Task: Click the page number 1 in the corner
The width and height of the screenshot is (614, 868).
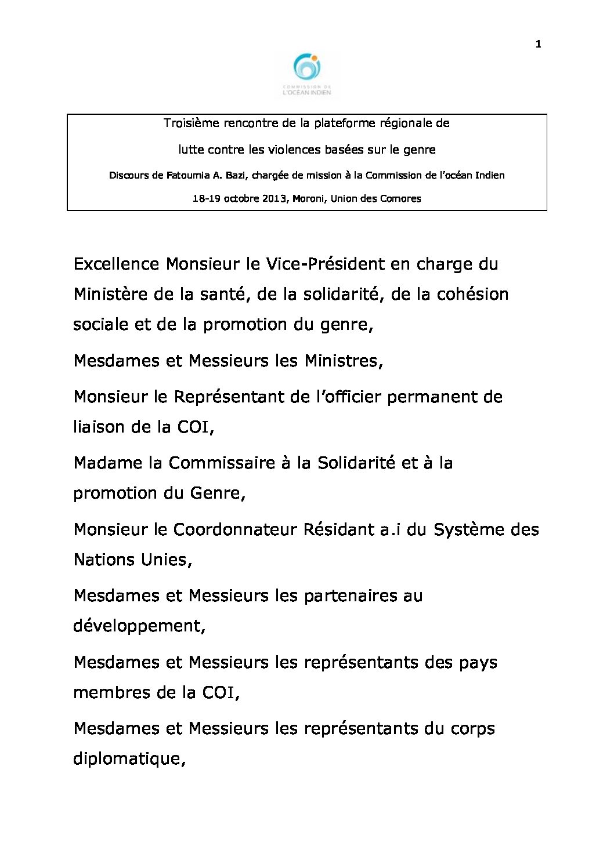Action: tap(539, 45)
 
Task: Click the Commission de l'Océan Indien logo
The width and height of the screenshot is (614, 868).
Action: tap(306, 74)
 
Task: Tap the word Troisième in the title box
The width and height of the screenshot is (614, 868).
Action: tap(187, 124)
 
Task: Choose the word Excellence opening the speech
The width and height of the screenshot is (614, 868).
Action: tap(116, 264)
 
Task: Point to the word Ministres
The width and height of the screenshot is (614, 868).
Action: tap(342, 361)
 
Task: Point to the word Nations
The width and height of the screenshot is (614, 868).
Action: tap(104, 560)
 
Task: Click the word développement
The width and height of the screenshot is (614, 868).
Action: tap(138, 627)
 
